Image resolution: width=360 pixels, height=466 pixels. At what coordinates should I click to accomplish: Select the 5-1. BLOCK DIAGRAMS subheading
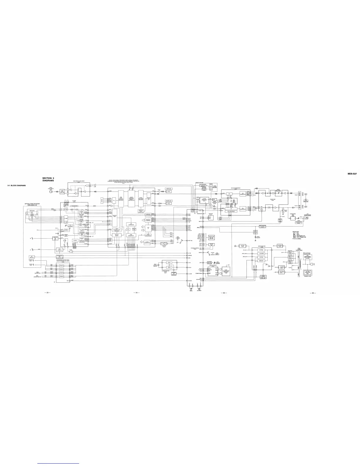(x=17, y=185)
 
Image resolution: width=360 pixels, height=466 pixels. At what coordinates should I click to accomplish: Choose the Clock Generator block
(x=148, y=242)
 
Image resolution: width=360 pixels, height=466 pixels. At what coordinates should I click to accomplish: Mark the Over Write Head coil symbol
(x=51, y=190)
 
